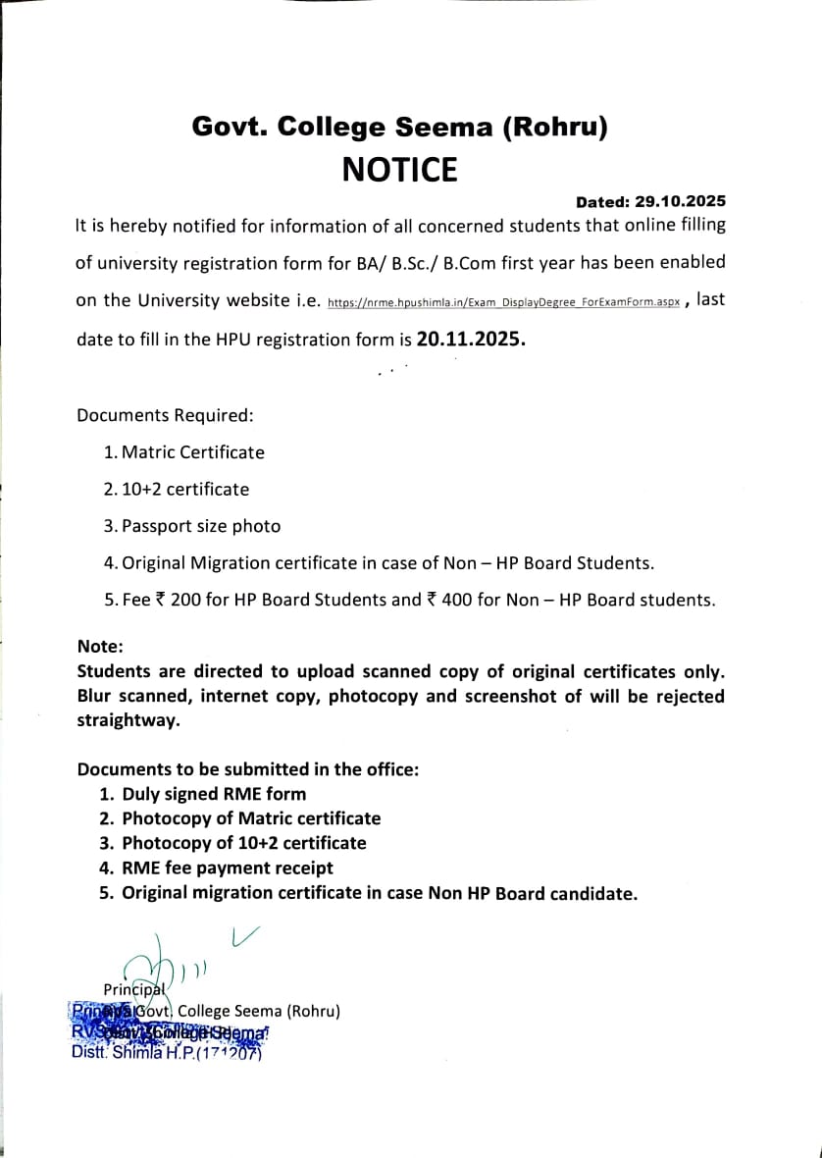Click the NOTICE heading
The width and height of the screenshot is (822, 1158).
399,170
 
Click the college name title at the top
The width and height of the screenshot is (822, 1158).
400,126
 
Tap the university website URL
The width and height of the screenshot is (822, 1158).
503,303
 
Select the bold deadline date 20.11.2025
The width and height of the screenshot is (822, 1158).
471,339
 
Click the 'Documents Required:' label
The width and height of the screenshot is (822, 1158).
165,415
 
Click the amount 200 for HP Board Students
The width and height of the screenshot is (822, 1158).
185,600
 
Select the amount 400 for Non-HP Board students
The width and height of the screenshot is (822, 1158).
457,600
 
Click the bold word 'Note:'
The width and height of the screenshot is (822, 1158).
100,647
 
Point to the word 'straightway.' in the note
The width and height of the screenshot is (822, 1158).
128,720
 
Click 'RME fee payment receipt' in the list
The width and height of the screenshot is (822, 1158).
228,868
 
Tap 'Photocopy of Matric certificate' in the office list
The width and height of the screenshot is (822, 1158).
251,818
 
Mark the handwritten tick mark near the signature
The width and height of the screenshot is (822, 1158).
244,936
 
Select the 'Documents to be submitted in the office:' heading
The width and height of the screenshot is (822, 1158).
248,769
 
